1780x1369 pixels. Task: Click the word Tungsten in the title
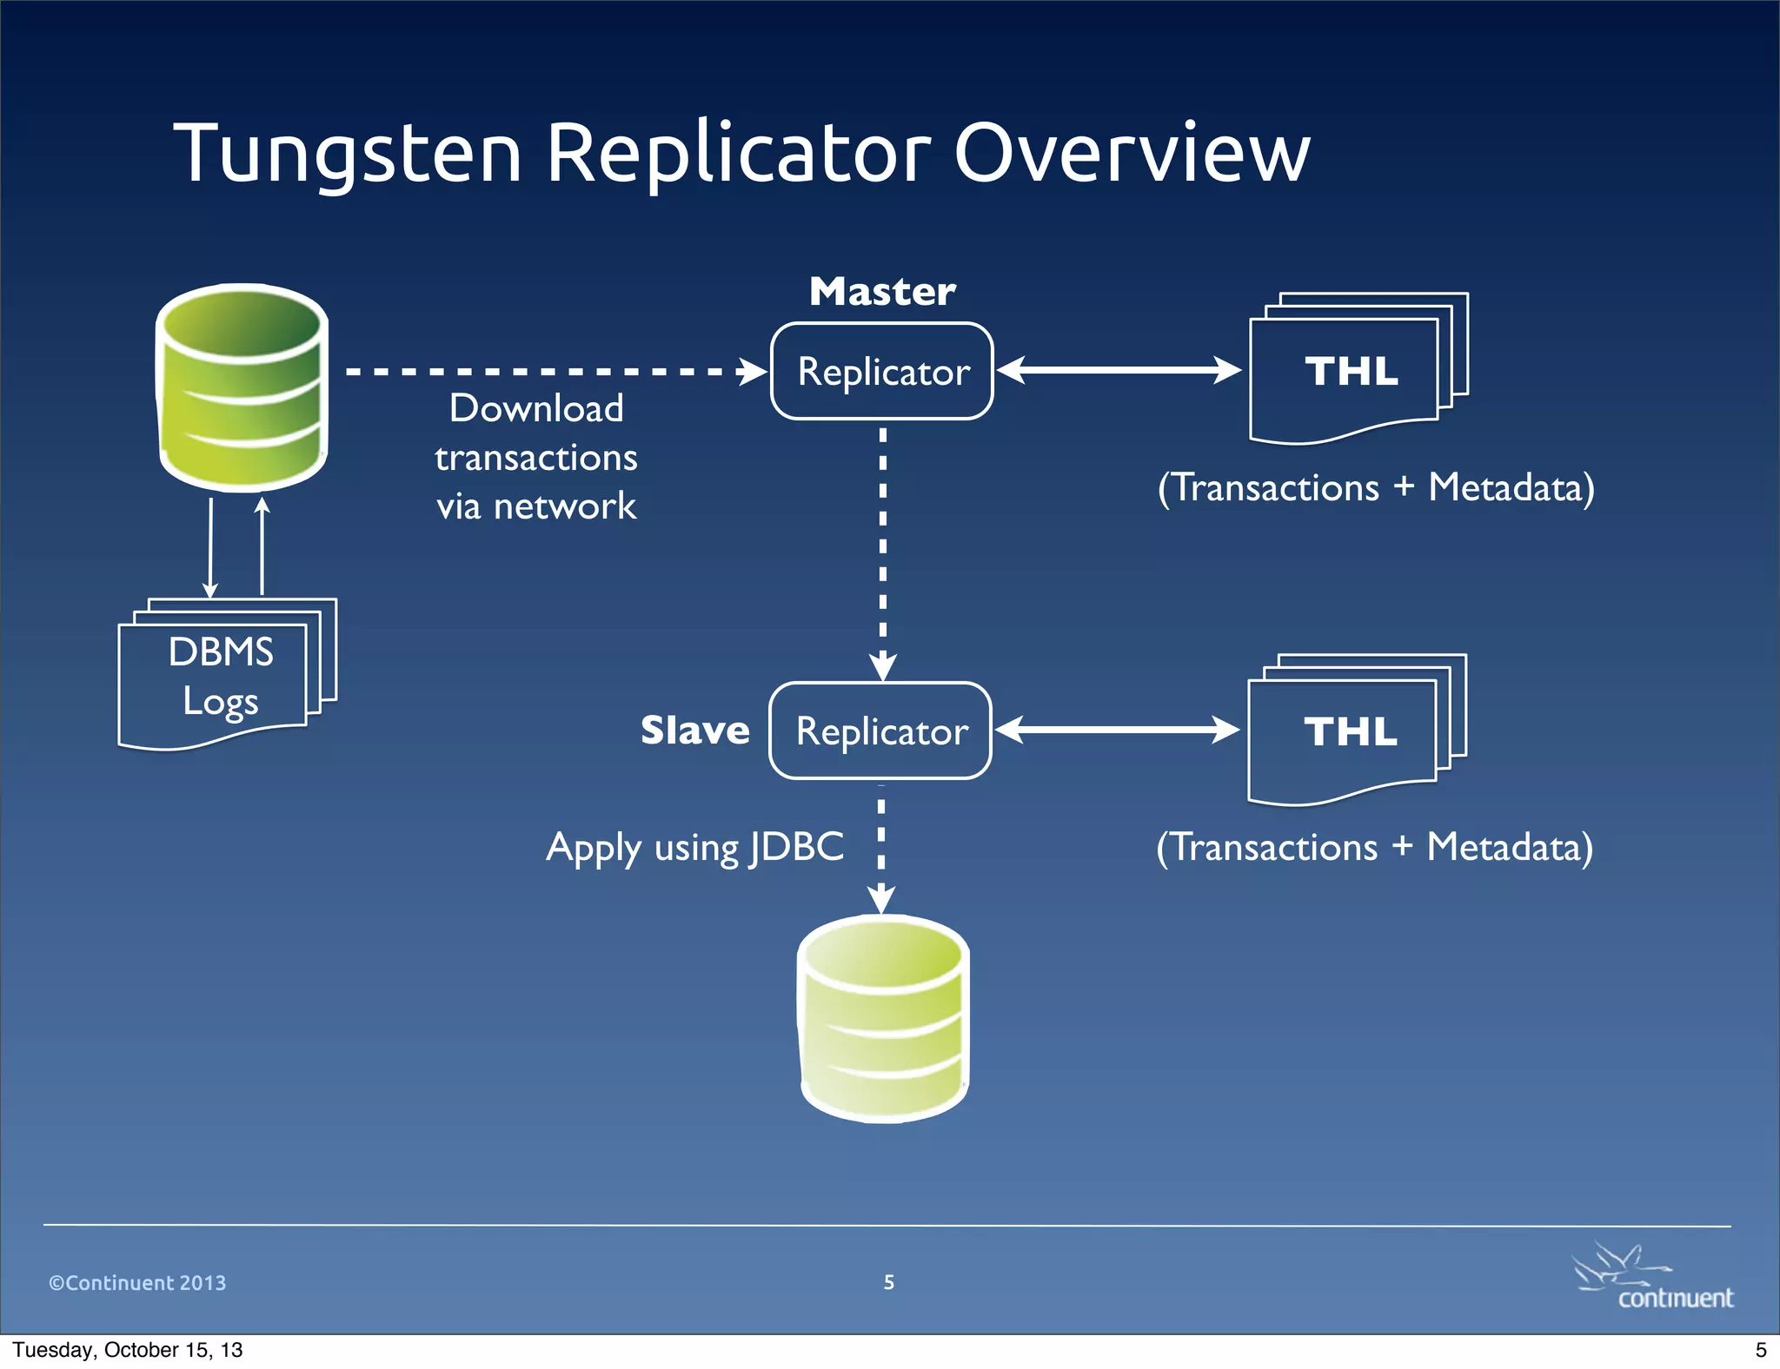coord(348,154)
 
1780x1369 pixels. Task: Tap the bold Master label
coord(882,292)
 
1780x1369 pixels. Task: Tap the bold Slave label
coord(694,731)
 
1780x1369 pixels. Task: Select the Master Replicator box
coord(882,372)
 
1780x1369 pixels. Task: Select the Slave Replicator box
coord(880,731)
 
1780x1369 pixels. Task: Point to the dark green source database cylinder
coord(242,387)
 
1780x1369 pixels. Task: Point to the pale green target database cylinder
coord(883,1018)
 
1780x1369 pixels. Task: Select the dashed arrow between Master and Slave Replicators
coord(882,547)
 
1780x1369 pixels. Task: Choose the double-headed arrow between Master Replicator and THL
coord(1119,370)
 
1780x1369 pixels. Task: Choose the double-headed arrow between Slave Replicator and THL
coord(1117,730)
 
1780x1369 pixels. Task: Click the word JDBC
coord(797,847)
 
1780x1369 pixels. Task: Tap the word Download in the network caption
coord(536,409)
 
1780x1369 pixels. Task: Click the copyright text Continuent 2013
coord(137,1283)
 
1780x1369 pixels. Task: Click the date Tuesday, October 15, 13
coord(128,1350)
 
